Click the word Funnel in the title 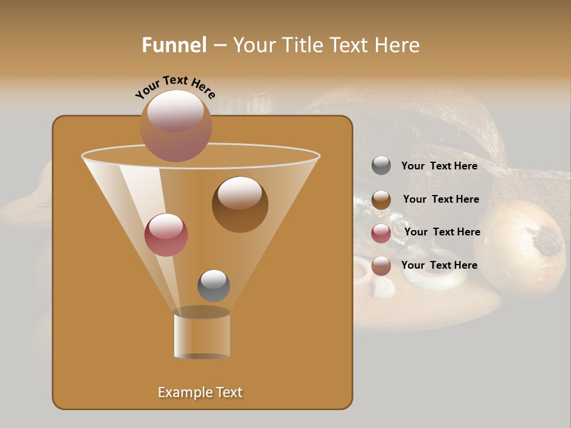click(174, 45)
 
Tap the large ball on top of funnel click(175, 125)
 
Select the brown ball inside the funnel click(240, 204)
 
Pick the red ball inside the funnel click(166, 235)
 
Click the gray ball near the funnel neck click(214, 285)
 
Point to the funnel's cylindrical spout click(202, 333)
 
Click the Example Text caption click(200, 392)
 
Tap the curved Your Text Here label click(175, 87)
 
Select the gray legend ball click(381, 165)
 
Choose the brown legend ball click(381, 199)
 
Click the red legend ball click(381, 233)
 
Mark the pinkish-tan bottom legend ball click(381, 266)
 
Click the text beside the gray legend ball click(439, 166)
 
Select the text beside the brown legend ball click(441, 200)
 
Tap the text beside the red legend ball click(442, 232)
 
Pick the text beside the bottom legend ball click(439, 265)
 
